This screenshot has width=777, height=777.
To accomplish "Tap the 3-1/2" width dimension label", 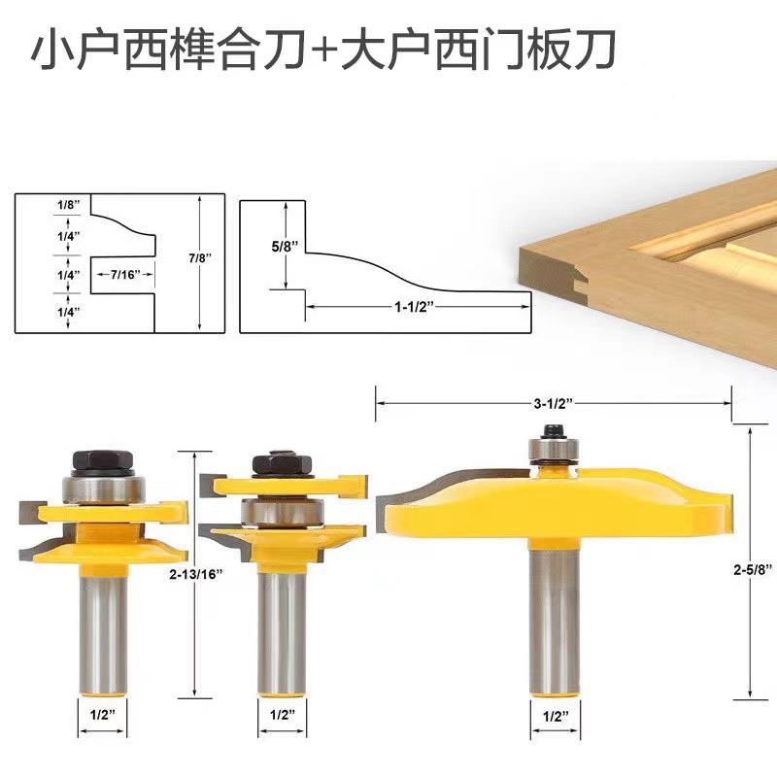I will pyautogui.click(x=551, y=400).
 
